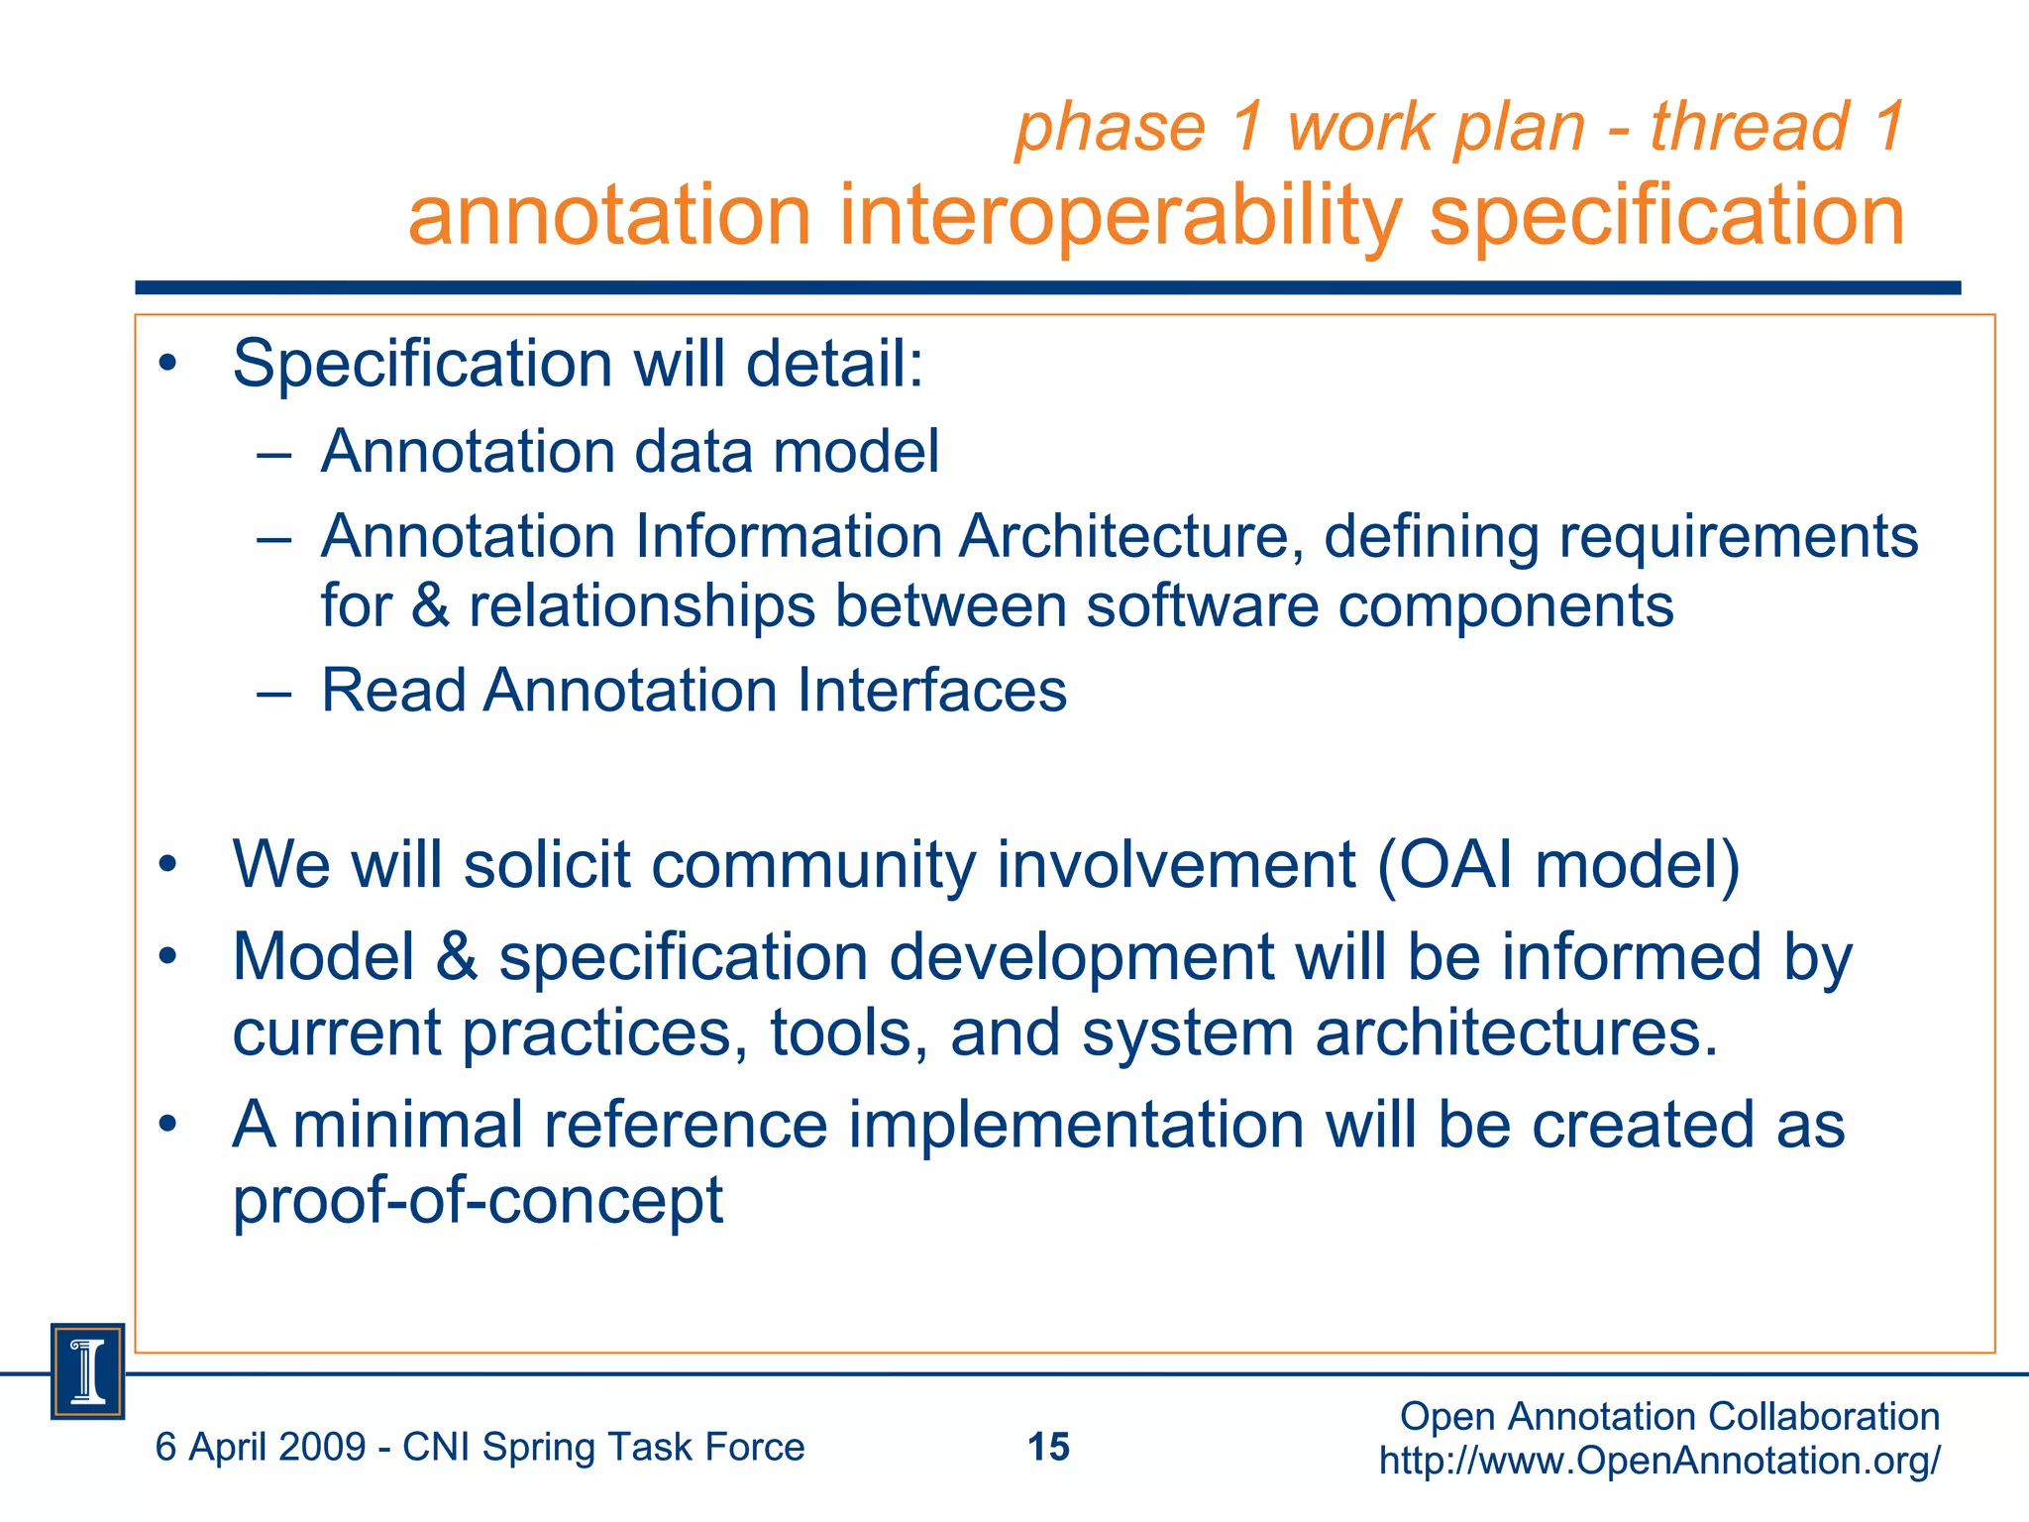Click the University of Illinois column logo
click(87, 1371)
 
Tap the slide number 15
click(1048, 1447)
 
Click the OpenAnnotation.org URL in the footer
click(1659, 1461)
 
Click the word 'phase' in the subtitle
click(1111, 129)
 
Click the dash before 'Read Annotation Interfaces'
click(273, 692)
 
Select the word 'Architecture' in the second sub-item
click(1128, 536)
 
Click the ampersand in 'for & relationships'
click(430, 605)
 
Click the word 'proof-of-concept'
click(478, 1200)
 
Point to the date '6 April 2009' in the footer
click(261, 1448)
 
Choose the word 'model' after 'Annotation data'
click(855, 452)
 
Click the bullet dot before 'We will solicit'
click(167, 864)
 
